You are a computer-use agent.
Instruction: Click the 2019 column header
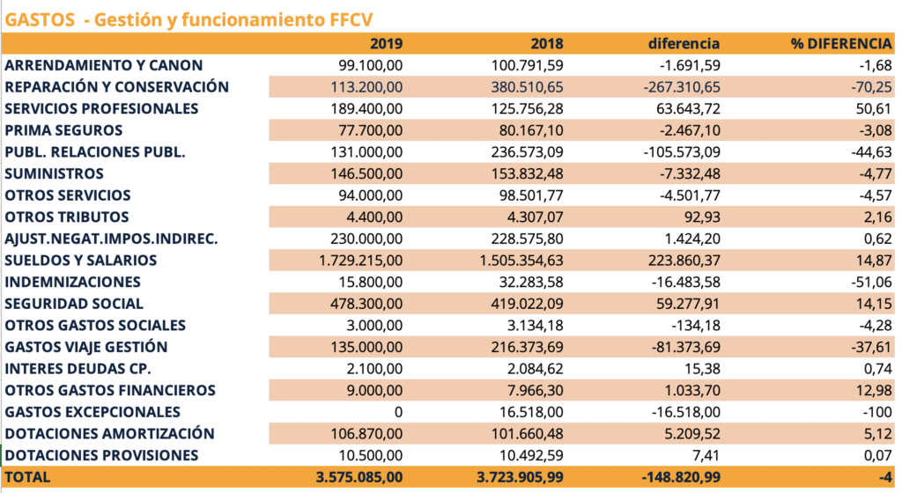pos(386,44)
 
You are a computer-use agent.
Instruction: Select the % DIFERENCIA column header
pos(841,44)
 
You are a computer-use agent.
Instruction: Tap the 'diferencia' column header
pos(684,44)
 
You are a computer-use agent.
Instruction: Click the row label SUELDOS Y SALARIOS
pos(80,261)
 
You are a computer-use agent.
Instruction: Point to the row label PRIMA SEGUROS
pos(63,130)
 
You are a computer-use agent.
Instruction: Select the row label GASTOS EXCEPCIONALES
pos(92,412)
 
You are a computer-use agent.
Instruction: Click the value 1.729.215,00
pos(360,261)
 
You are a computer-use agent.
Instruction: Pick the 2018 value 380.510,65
pos(527,87)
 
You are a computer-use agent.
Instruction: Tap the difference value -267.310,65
pos(682,87)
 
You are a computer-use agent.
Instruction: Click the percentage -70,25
pos(871,87)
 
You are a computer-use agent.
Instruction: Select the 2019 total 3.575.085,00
pos(359,477)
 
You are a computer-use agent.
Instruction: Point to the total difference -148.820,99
pos(681,477)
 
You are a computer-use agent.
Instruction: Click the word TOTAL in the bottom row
pos(27,477)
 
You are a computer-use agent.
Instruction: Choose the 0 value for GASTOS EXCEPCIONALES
pos(399,412)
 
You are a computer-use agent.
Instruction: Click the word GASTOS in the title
pos(40,19)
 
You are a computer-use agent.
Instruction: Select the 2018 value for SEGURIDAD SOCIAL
pos(527,304)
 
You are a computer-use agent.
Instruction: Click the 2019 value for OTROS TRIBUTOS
pos(373,217)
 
